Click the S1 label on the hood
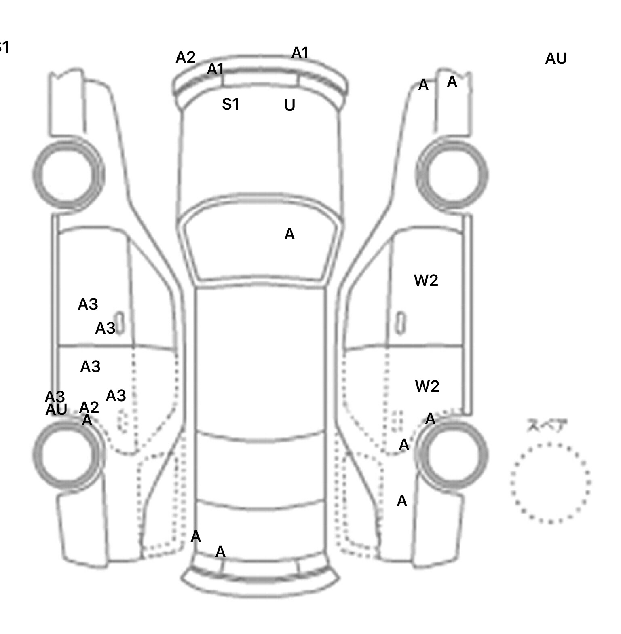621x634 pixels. click(230, 104)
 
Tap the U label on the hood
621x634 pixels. click(289, 106)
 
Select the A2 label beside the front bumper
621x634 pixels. click(186, 57)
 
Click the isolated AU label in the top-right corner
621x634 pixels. click(556, 59)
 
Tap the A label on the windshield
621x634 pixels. click(289, 234)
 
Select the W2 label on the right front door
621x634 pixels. click(426, 280)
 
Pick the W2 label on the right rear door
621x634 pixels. click(427, 387)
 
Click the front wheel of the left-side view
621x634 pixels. click(68, 174)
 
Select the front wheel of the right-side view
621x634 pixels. click(452, 175)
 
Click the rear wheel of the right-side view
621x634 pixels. click(453, 454)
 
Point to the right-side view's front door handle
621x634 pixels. click(400, 323)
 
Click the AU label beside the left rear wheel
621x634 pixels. click(56, 410)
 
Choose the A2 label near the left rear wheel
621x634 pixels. click(89, 407)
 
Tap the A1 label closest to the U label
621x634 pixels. click(300, 53)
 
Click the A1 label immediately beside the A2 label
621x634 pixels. click(215, 70)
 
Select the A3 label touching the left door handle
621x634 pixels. click(106, 328)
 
